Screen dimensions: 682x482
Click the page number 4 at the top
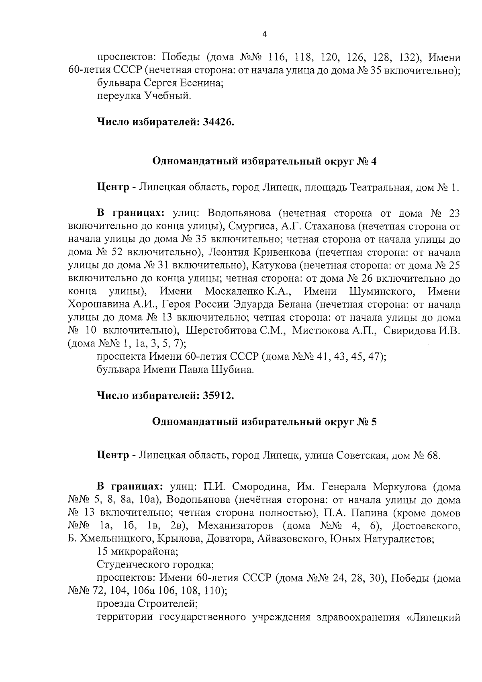click(264, 35)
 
